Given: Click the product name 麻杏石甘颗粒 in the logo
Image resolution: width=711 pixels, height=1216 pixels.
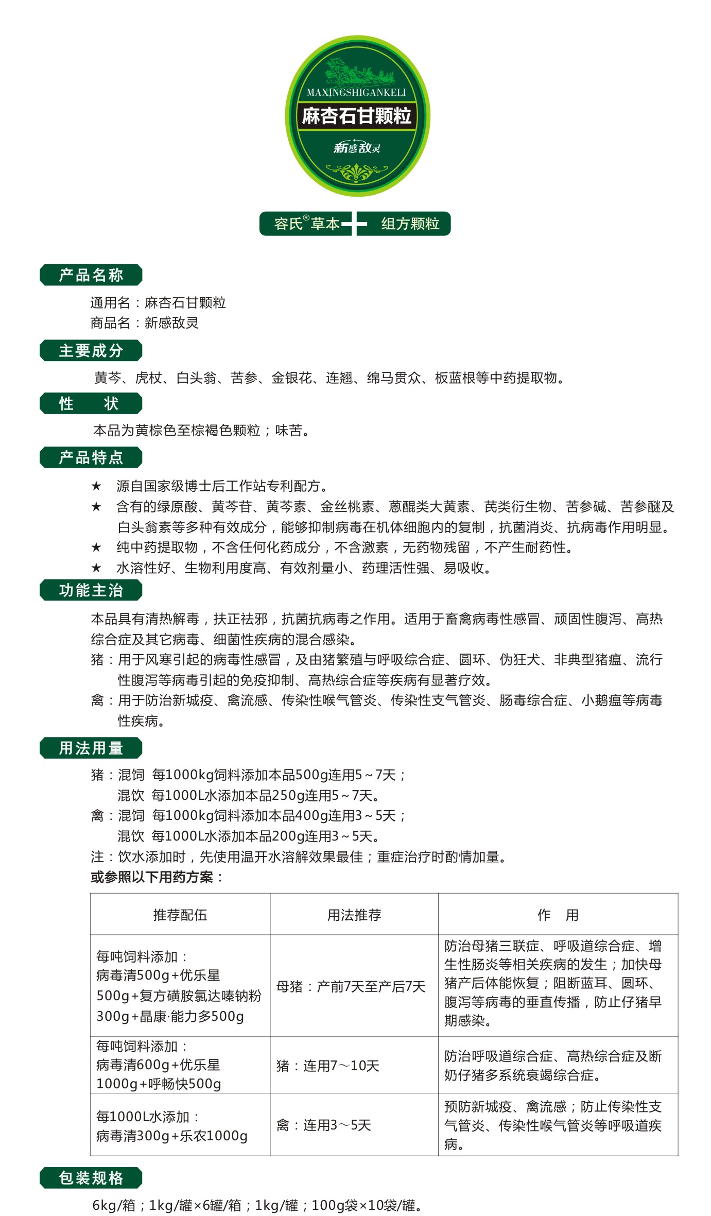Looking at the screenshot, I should point(356,116).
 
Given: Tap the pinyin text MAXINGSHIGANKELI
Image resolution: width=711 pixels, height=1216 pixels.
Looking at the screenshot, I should point(356,93).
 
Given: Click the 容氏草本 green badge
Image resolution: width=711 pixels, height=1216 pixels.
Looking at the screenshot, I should point(306,224).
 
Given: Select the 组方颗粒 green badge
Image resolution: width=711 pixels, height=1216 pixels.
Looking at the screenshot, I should point(409,224).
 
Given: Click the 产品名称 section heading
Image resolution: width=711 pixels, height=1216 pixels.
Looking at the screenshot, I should point(91,275).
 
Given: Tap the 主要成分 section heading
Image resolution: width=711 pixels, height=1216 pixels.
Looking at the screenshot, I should point(91,351).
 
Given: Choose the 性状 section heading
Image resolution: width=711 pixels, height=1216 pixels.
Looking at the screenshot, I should point(91,403).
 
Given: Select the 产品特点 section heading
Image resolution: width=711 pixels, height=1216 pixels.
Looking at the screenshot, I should point(91,457).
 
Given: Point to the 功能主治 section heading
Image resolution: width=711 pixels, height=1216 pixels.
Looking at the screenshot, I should point(91,590).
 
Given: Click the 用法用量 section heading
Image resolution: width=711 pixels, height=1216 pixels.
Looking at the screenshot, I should point(91,748).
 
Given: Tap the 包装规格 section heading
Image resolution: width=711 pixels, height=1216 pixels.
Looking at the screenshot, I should point(91,1178).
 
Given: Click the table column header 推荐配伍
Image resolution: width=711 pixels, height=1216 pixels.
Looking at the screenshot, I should point(180,915).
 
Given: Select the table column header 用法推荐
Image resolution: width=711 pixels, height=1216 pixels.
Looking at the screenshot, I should point(354,915).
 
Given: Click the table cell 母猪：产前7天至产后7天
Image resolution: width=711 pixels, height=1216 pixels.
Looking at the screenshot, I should point(351,986).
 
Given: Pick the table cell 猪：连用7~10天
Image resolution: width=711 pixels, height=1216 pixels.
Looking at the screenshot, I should point(328,1066).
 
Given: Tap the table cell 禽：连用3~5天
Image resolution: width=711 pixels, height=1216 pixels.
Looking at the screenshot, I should point(324,1125).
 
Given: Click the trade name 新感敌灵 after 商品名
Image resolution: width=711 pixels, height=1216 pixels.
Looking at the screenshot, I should point(171,323).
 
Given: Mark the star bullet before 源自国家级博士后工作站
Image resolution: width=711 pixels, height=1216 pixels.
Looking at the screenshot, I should point(96,486).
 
